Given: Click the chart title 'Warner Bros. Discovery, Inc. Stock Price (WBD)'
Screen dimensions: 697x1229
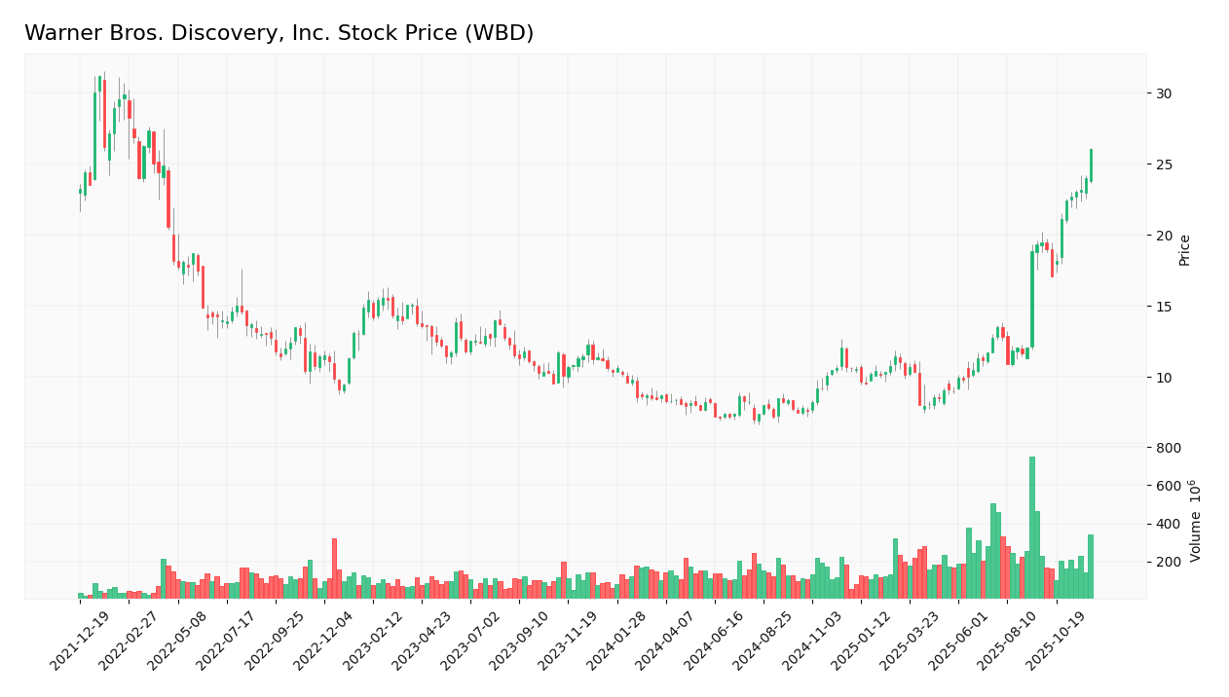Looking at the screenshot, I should click(279, 33).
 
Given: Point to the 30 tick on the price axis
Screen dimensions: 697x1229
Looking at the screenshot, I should click(1164, 93).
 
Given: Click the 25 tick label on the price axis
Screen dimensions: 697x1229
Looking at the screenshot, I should click(1164, 165).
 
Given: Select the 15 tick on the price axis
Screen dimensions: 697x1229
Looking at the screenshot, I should click(1164, 307).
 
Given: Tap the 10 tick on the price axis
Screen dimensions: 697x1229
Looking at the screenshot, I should click(1164, 378).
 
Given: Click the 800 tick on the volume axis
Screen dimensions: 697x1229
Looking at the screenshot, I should click(1169, 448).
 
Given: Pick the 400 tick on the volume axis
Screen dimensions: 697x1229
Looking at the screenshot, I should click(1169, 524).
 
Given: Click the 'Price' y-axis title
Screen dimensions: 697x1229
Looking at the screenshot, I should click(1185, 249).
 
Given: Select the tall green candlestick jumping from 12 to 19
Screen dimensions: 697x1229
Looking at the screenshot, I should click(1032, 299).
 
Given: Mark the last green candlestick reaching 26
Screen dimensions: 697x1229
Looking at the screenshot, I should click(1091, 165).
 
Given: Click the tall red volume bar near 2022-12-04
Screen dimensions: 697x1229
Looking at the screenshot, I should click(334, 569).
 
